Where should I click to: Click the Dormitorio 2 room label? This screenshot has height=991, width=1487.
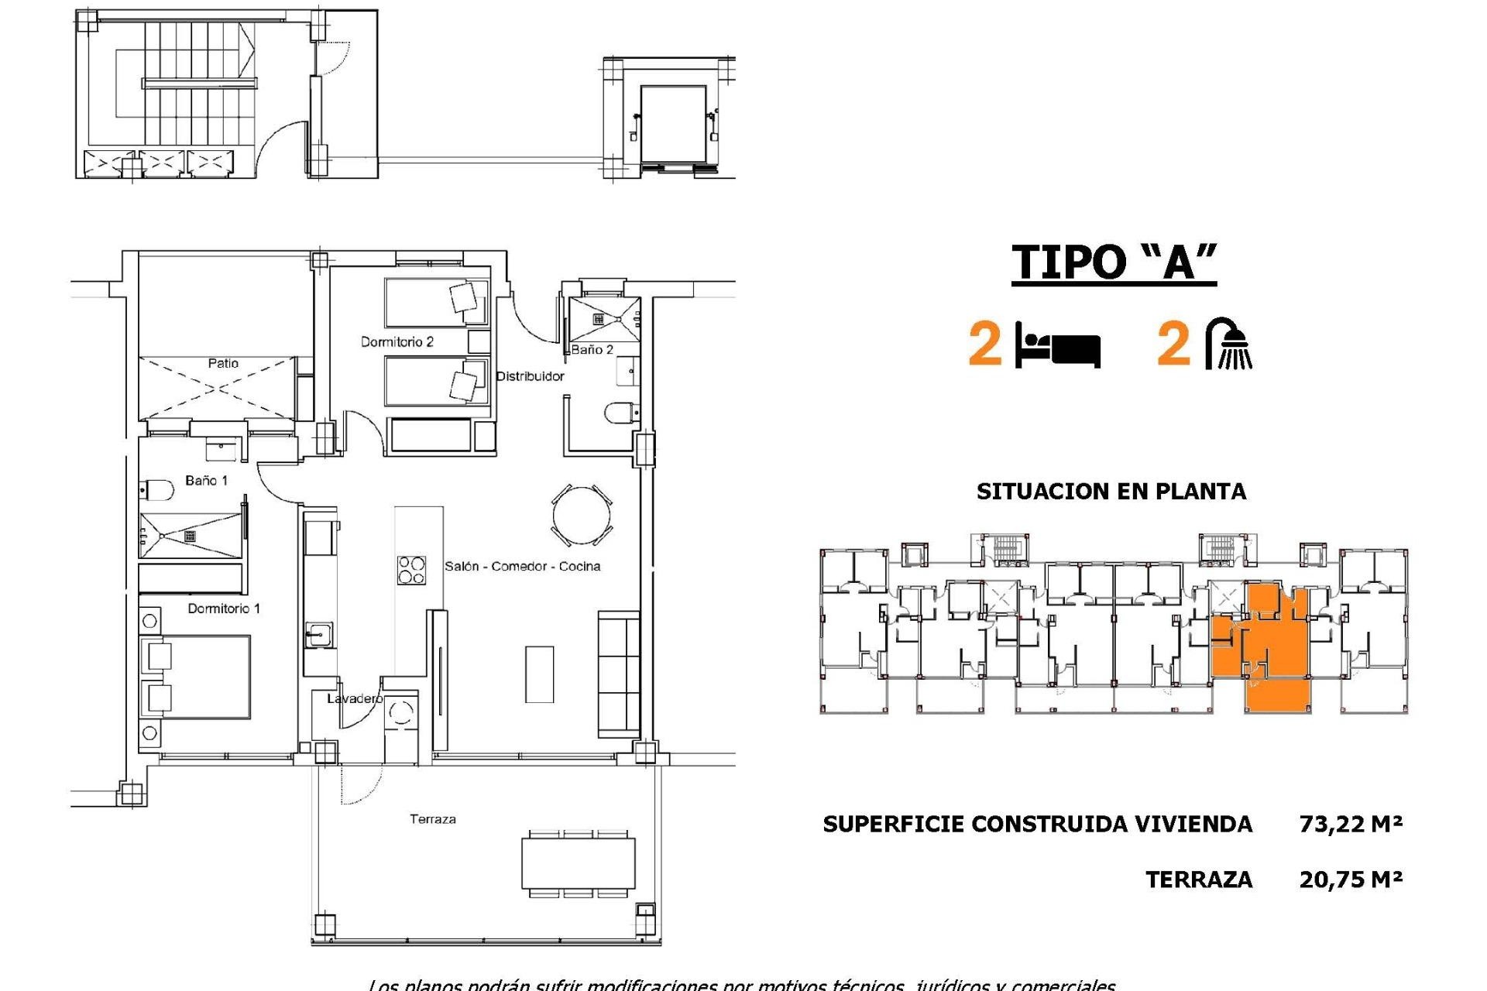click(x=397, y=341)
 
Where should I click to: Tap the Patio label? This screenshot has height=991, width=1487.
click(x=223, y=363)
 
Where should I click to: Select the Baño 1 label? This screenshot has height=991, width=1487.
click(x=207, y=481)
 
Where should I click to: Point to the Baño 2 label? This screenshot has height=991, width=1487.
click(x=592, y=350)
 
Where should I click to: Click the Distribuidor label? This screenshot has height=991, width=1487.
click(x=530, y=376)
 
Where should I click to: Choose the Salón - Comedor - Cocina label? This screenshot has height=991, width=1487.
click(x=522, y=567)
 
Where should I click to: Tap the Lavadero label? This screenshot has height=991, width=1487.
click(x=354, y=698)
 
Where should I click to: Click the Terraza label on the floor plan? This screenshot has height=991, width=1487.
click(x=432, y=819)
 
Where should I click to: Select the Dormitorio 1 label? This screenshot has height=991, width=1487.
click(x=224, y=609)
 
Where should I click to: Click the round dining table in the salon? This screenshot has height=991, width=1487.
click(x=582, y=515)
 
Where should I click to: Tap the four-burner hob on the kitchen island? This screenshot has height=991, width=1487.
click(x=411, y=570)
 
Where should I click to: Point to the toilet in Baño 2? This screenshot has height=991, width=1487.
click(x=620, y=413)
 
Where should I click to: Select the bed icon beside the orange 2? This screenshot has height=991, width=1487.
click(x=1058, y=346)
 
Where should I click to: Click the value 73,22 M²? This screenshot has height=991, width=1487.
click(x=1351, y=824)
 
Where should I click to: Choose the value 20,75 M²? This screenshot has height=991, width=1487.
click(x=1351, y=880)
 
